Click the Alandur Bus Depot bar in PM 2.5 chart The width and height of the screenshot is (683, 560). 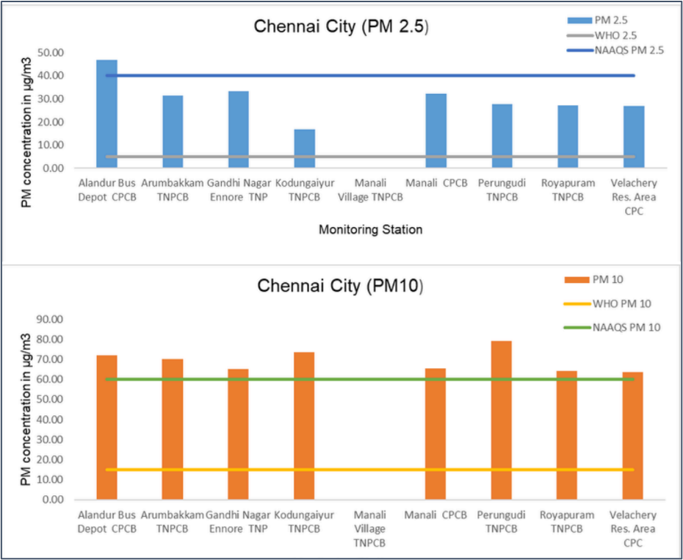[x=106, y=114]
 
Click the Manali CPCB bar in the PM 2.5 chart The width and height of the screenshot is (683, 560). [x=436, y=131]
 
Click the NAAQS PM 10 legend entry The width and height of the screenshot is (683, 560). [x=624, y=327]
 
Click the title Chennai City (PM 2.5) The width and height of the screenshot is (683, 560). [x=341, y=26]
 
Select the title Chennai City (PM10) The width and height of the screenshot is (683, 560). [x=341, y=285]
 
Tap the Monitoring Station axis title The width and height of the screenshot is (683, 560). [x=370, y=230]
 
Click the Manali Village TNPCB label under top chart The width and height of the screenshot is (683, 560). [x=370, y=190]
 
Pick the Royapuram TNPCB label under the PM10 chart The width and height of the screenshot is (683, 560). [x=567, y=522]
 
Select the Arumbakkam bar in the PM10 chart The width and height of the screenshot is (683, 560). [x=172, y=429]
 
